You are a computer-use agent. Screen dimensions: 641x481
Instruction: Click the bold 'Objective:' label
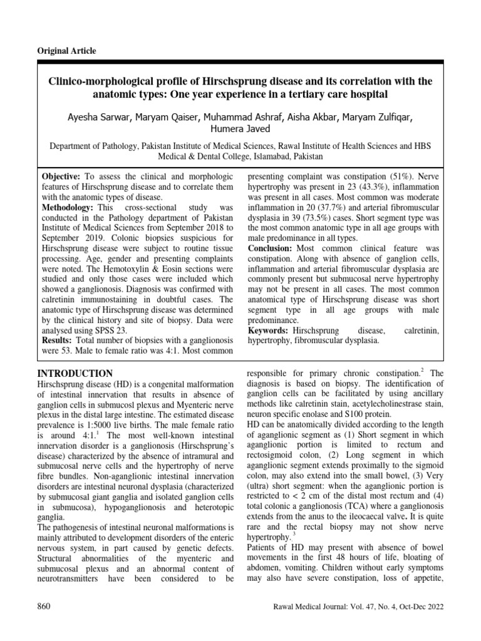[x=60, y=176]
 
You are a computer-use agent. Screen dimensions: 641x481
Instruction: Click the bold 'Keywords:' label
[x=269, y=330]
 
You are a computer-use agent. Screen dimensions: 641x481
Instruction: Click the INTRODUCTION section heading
[x=76, y=373]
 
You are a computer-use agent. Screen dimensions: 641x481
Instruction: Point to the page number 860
[x=44, y=607]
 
